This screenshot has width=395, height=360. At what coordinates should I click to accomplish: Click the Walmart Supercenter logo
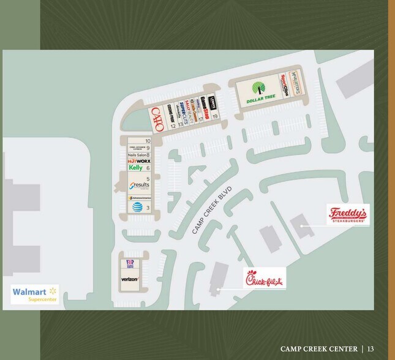tap(35, 294)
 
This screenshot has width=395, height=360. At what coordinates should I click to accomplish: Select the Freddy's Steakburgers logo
tap(348, 214)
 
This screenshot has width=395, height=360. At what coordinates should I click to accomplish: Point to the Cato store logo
tap(157, 119)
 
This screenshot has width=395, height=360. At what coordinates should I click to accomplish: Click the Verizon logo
tap(129, 279)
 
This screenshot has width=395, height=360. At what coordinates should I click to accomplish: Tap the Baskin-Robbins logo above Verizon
tap(130, 264)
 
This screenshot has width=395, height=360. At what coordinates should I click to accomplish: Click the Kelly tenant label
tap(136, 168)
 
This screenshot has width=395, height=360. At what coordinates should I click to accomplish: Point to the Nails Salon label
tap(136, 155)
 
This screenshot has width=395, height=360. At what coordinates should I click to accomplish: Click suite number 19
tap(215, 116)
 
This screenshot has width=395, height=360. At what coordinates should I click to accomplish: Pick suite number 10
tap(148, 141)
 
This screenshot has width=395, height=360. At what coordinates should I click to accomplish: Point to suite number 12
tap(173, 126)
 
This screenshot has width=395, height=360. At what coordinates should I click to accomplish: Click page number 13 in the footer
tap(371, 348)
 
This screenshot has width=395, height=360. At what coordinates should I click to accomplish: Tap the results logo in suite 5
tap(139, 185)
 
